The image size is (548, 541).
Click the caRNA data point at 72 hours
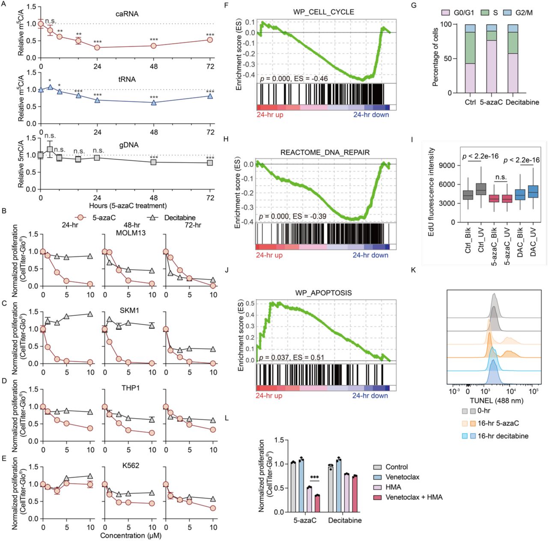pyautogui.click(x=210, y=40)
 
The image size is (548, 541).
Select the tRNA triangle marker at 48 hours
pyautogui.click(x=154, y=103)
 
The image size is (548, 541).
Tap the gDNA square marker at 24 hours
pyautogui.click(x=97, y=158)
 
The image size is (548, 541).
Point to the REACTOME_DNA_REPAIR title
pyautogui.click(x=325, y=152)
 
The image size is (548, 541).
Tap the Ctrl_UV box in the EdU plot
pyautogui.click(x=481, y=189)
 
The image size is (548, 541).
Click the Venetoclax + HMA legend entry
pyautogui.click(x=414, y=497)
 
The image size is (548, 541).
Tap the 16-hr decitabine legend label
pyautogui.click(x=503, y=436)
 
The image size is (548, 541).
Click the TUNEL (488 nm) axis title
pyautogui.click(x=496, y=401)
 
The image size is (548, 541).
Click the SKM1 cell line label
pyautogui.click(x=129, y=310)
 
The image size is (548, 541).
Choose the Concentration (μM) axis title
pyautogui.click(x=131, y=535)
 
